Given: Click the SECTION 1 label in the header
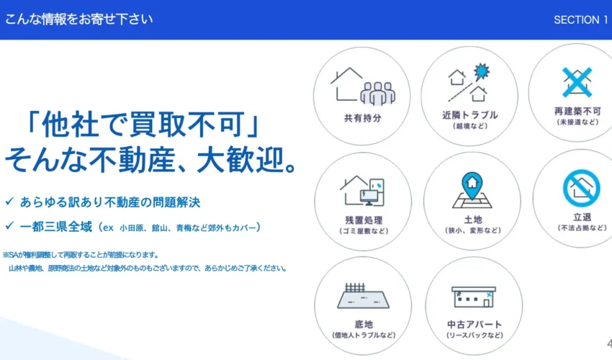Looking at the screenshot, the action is point(581,20).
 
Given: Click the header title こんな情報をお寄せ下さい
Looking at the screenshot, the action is point(78,19).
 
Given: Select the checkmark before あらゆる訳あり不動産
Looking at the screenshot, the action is point(10,202).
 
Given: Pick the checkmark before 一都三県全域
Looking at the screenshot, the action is point(10,225).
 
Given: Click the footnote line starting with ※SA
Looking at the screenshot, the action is point(81,255).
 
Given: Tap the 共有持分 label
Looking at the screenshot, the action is point(363,118).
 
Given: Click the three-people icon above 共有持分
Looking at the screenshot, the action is point(378,94).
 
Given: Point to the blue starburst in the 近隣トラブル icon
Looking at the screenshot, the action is point(482,72).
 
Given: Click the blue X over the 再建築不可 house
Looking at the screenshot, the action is point(577,82).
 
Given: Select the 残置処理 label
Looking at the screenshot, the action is point(364,220).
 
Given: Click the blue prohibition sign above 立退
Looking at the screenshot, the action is point(582,188).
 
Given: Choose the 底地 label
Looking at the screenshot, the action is point(364,325).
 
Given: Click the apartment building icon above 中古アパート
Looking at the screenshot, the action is point(474,297).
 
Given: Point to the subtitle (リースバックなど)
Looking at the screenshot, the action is point(474,336).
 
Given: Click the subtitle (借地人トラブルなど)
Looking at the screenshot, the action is point(364,336).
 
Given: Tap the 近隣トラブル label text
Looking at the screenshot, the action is point(470,115).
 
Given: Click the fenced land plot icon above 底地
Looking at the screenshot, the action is point(364,296).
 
